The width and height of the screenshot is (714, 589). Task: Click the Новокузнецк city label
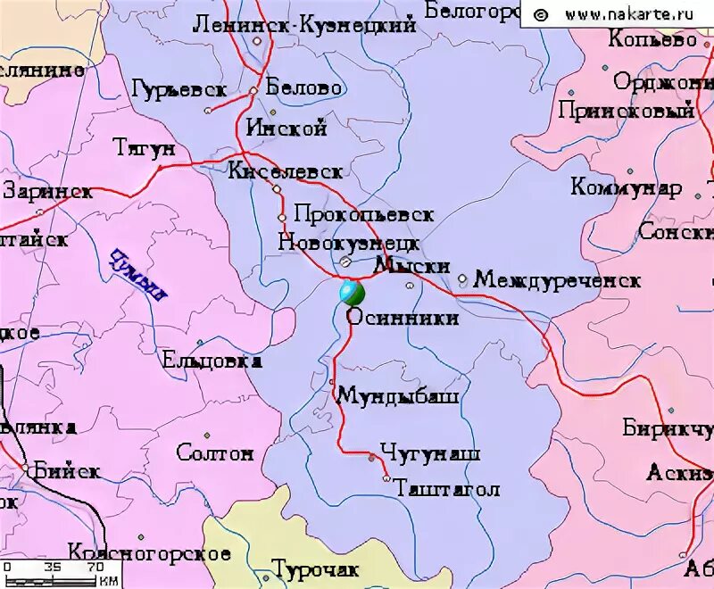(x=348, y=242)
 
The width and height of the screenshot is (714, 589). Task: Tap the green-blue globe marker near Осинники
(x=352, y=292)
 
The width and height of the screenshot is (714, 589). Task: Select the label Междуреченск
(x=557, y=280)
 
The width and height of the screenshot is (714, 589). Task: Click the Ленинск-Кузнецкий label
(x=304, y=26)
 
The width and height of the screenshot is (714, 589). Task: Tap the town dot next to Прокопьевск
(x=282, y=217)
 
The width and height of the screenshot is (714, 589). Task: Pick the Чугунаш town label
(x=430, y=454)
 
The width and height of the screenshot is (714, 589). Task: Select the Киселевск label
(x=285, y=171)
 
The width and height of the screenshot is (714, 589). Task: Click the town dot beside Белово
(x=253, y=90)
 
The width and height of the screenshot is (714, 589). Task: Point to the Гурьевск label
(x=179, y=89)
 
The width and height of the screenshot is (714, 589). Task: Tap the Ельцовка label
(x=212, y=361)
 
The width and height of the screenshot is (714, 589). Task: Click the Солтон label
(x=215, y=453)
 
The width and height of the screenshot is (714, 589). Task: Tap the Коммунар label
(x=627, y=188)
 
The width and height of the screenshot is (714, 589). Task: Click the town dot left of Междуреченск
(x=462, y=279)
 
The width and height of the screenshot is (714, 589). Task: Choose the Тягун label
(x=145, y=148)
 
